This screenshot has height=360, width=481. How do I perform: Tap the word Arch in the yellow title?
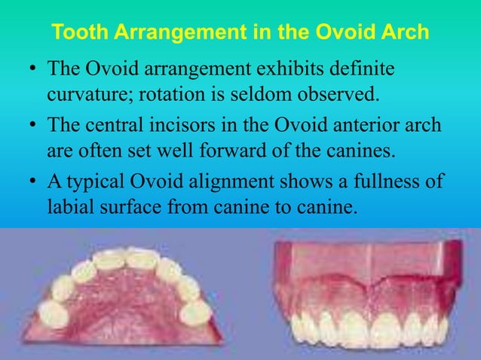coord(405,34)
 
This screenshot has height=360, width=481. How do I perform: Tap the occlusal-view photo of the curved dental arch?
coord(124,293)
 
